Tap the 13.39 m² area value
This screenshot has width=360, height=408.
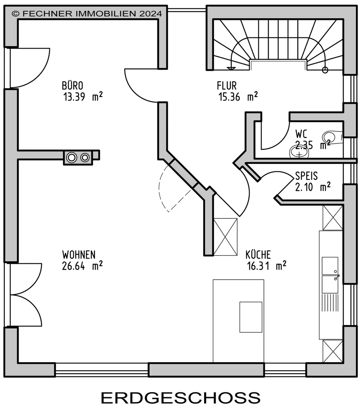(83, 96)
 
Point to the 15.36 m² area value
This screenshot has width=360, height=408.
(238, 96)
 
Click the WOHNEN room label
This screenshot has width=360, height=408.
(79, 255)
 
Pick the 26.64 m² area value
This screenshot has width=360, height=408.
(82, 266)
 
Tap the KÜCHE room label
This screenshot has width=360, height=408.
(258, 255)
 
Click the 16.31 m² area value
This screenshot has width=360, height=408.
(267, 266)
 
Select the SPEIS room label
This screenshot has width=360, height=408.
(306, 176)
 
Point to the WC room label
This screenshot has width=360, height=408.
(301, 134)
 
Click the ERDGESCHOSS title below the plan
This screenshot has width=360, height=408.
(181, 397)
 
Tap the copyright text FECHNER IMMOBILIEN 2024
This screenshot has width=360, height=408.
(87, 14)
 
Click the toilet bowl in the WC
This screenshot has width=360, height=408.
(332, 137)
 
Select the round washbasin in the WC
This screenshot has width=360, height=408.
(299, 152)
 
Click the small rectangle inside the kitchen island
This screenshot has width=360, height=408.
(251, 317)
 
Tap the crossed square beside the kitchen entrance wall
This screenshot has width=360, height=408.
(225, 237)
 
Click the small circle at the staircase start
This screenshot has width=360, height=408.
(325, 70)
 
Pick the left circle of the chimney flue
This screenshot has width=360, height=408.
(72, 157)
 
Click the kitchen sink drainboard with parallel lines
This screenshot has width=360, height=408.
(330, 302)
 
